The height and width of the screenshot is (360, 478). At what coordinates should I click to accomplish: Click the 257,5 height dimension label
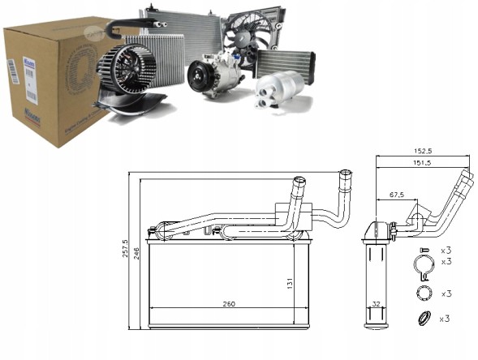(x=125, y=246)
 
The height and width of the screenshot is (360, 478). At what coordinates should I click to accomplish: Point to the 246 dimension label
(x=137, y=252)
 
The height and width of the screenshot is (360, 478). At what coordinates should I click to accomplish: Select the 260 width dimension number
(x=229, y=305)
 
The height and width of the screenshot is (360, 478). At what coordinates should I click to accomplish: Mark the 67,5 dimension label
(x=396, y=195)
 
